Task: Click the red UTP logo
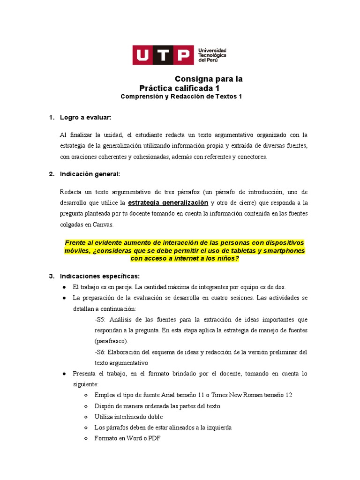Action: click(x=163, y=55)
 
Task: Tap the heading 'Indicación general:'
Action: click(x=90, y=174)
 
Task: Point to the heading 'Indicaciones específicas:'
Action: click(x=99, y=275)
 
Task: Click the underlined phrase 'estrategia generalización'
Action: click(x=168, y=203)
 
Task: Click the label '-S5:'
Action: click(x=101, y=320)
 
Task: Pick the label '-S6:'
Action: click(x=101, y=352)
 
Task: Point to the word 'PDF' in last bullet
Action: click(x=155, y=438)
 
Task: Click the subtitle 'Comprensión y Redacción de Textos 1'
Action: click(x=181, y=97)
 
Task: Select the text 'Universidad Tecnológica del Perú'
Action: click(x=212, y=55)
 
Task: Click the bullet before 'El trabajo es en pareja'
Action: click(x=64, y=287)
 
